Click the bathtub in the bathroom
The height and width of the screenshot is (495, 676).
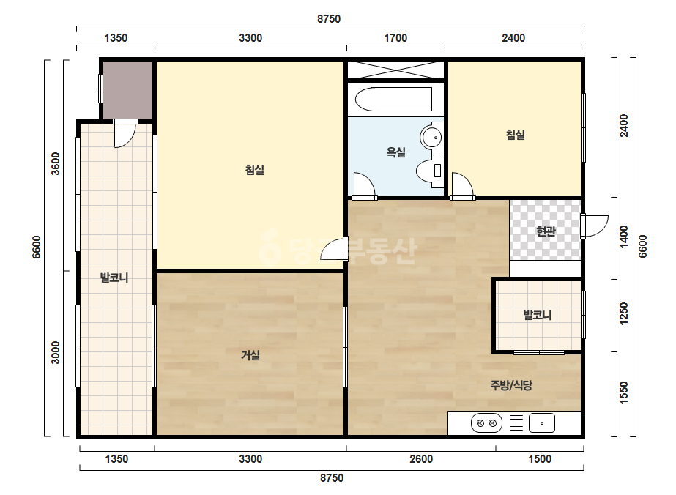point(393,100)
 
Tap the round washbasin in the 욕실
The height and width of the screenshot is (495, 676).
point(431,137)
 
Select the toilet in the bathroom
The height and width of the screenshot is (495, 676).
point(430,171)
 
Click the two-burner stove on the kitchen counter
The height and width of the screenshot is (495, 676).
point(487,423)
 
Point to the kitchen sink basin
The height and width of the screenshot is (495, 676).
point(542,423)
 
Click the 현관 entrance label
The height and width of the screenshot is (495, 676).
point(546,231)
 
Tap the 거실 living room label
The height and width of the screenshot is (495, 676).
point(250,355)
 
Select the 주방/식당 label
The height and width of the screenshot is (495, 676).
point(511,385)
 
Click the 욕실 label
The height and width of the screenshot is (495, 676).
point(395,152)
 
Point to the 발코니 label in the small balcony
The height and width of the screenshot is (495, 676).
point(538,315)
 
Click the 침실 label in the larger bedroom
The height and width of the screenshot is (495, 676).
point(255,170)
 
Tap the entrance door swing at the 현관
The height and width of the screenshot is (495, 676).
point(595,226)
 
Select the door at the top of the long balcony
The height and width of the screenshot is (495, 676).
point(125,133)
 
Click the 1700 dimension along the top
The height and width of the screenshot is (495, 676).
point(395,38)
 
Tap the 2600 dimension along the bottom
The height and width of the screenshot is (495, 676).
point(421,459)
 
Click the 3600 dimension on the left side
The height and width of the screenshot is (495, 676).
point(56,164)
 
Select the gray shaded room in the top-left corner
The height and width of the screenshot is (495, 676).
point(127,90)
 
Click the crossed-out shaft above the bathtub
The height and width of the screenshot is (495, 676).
point(395,70)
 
